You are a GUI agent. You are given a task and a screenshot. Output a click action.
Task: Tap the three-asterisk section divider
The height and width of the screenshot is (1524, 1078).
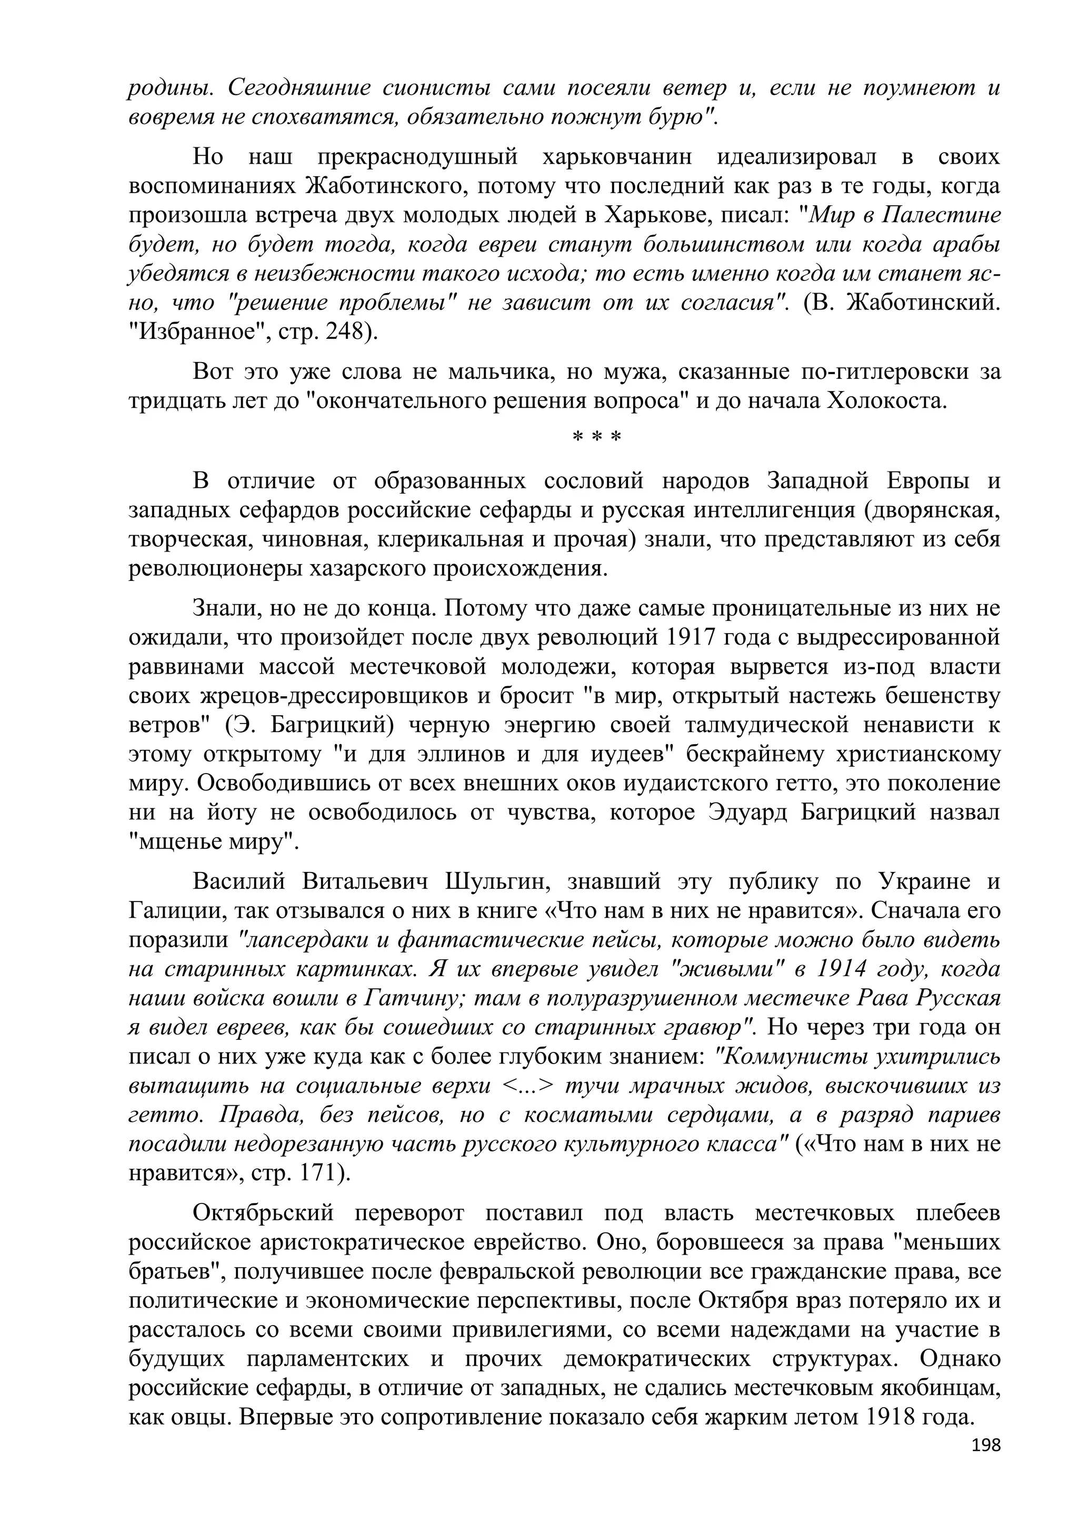pos(596,438)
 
